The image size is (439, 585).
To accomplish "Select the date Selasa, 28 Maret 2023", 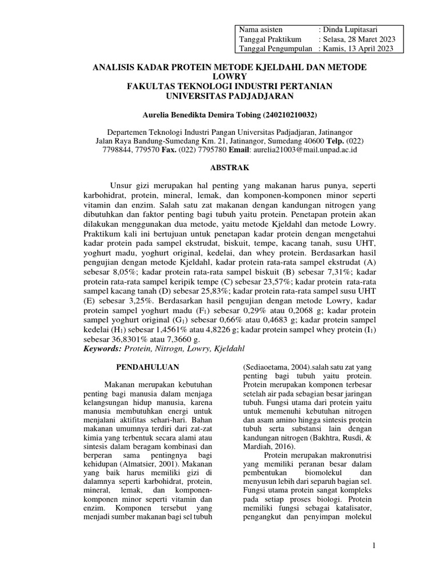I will coord(361,39).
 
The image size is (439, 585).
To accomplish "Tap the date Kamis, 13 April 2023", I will coord(360,49).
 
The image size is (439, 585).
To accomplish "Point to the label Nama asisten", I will coord(261,29).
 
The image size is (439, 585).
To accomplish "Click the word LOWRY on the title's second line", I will coord(229,77).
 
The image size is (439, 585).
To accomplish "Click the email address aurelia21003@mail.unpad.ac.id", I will coord(309,150).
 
